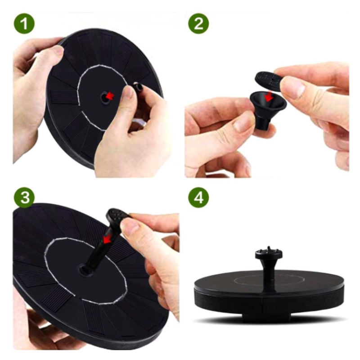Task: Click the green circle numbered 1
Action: [x=24, y=23]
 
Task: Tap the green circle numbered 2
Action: [x=198, y=23]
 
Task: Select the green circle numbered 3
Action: [x=24, y=198]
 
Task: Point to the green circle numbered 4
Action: [x=198, y=198]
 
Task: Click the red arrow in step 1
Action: [x=110, y=96]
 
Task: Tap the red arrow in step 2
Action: [x=269, y=96]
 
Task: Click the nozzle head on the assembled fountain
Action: [x=269, y=253]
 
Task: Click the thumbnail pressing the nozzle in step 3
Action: [x=130, y=226]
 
